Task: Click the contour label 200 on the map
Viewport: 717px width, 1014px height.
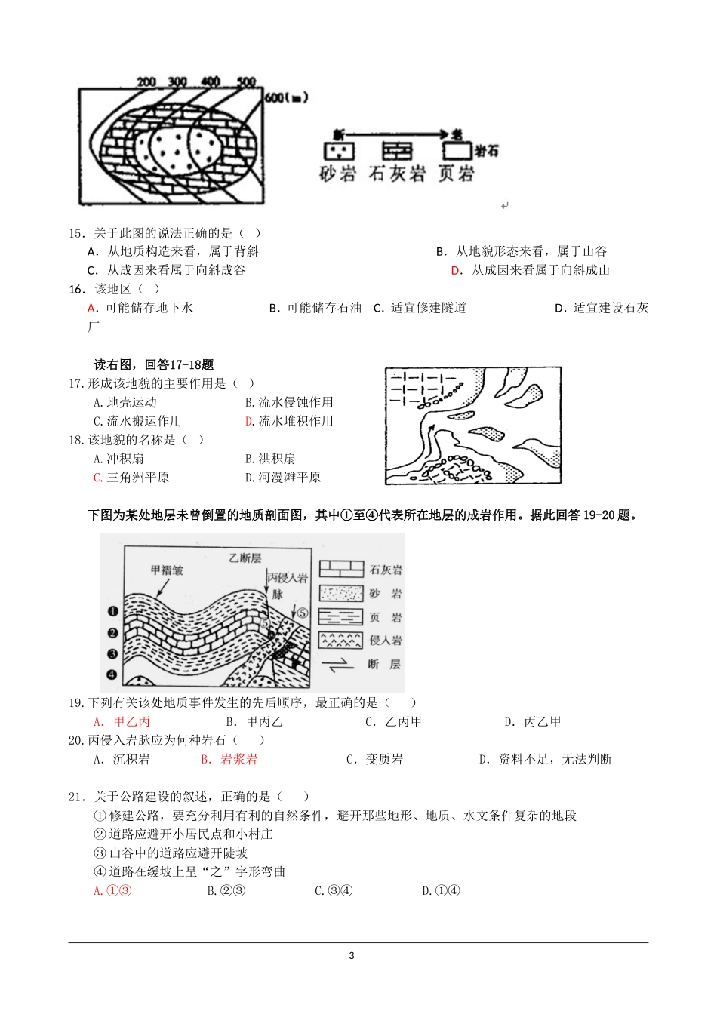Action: [x=146, y=81]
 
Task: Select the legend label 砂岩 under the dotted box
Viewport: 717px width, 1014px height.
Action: [x=337, y=174]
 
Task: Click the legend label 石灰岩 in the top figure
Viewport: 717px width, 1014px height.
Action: [x=397, y=174]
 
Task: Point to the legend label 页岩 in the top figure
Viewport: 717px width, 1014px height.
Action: [x=456, y=174]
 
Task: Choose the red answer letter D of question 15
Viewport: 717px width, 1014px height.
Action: [x=456, y=270]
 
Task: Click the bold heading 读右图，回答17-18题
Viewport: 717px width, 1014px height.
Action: [x=154, y=365]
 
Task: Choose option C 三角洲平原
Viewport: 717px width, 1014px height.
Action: [x=131, y=478]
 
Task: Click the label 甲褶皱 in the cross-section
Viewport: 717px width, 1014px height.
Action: [x=167, y=570]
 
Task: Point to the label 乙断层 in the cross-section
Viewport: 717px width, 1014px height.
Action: [x=245, y=558]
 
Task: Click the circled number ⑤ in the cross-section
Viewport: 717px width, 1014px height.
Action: [x=302, y=613]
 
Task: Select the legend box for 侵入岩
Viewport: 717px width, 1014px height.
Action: [x=341, y=641]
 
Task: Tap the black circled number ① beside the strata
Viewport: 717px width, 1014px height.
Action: [x=112, y=612]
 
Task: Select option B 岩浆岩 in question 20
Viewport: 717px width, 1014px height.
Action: [x=229, y=760]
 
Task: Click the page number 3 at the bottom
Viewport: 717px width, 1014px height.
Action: [x=352, y=956]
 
